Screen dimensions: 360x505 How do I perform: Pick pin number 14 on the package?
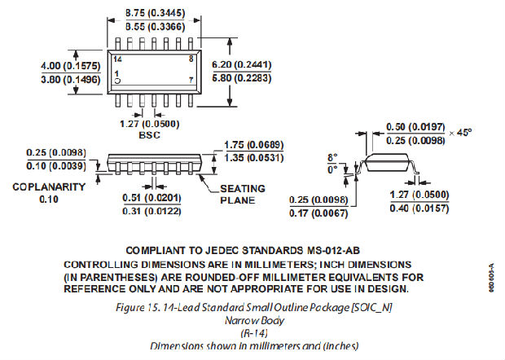point(119,59)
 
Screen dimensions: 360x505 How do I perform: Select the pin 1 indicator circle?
point(117,81)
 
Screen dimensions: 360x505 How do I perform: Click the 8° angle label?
point(332,157)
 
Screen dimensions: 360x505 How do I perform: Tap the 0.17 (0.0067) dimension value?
point(318,214)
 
